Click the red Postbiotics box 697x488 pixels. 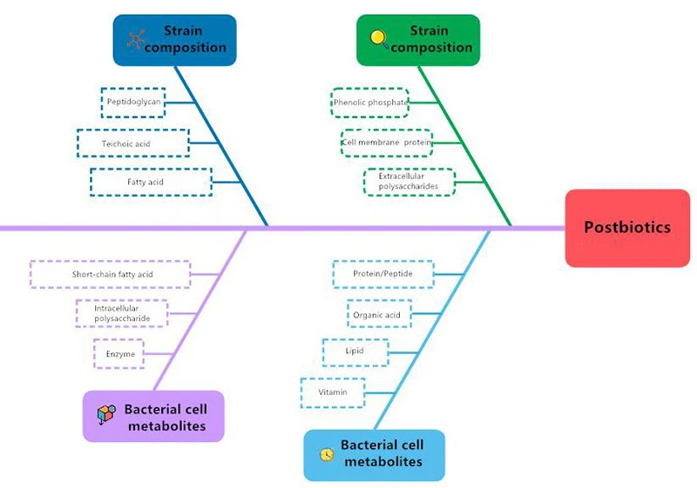pyautogui.click(x=627, y=228)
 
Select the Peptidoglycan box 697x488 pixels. pyautogui.click(x=132, y=102)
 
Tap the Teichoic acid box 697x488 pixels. pyautogui.click(x=132, y=143)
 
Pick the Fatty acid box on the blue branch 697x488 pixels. pyautogui.click(x=151, y=182)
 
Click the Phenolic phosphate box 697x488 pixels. pyautogui.click(x=369, y=103)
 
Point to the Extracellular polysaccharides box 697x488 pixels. pyautogui.click(x=408, y=181)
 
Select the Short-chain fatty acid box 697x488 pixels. pyautogui.click(x=112, y=274)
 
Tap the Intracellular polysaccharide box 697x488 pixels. pyautogui.click(x=123, y=313)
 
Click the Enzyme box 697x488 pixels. pyautogui.click(x=119, y=354)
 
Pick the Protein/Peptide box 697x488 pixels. pyautogui.click(x=382, y=274)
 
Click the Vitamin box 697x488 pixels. pyautogui.click(x=333, y=392)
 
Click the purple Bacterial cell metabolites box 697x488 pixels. pyautogui.click(x=154, y=417)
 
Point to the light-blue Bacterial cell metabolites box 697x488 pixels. pyautogui.click(x=374, y=454)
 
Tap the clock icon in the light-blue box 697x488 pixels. pyautogui.click(x=327, y=454)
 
